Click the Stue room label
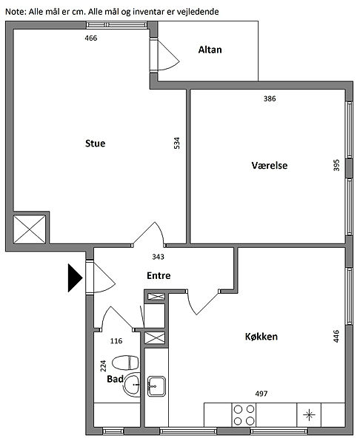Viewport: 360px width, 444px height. [96, 144]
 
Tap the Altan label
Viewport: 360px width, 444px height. [210, 50]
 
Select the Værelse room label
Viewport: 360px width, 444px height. [270, 165]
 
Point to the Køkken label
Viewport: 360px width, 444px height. [261, 337]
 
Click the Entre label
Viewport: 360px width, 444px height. [159, 275]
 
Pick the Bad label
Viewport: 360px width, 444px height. [115, 379]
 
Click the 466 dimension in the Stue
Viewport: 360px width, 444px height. [90, 38]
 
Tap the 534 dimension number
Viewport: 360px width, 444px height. [176, 143]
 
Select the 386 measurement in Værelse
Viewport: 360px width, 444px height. [270, 98]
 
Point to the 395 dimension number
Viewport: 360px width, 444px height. [336, 165]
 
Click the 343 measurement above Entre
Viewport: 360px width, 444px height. [158, 257]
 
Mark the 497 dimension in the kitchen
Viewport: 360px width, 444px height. [261, 394]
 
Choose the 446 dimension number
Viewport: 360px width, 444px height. [336, 337]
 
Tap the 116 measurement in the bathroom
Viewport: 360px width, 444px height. [116, 341]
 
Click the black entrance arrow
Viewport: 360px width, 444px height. [75, 277]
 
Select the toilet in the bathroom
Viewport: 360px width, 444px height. [125, 363]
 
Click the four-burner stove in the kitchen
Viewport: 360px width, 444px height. [244, 415]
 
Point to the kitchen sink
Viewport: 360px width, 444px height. [156, 386]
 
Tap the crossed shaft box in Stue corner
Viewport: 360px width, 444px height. [30, 229]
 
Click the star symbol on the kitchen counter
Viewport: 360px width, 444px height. [309, 415]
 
